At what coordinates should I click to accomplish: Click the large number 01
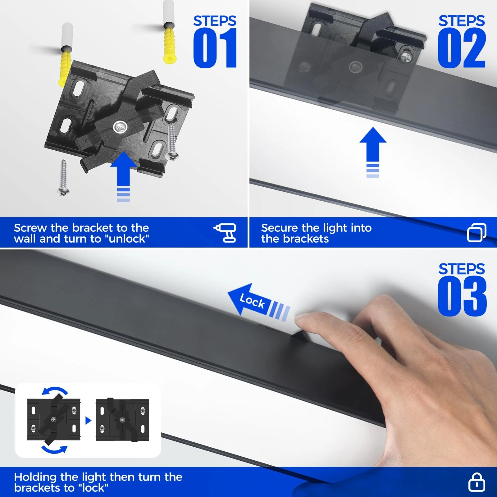pyautogui.click(x=215, y=48)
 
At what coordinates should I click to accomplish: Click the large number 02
pyautogui.click(x=461, y=48)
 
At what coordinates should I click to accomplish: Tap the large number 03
pyautogui.click(x=462, y=296)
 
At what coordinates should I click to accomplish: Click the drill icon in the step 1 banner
pyautogui.click(x=226, y=232)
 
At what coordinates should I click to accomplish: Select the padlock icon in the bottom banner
pyautogui.click(x=476, y=482)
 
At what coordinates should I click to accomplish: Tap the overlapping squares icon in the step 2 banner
pyautogui.click(x=476, y=232)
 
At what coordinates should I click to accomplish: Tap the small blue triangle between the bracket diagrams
pyautogui.click(x=88, y=421)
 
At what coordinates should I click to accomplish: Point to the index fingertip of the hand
pyautogui.click(x=301, y=318)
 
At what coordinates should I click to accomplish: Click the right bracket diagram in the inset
pyautogui.click(x=122, y=420)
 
